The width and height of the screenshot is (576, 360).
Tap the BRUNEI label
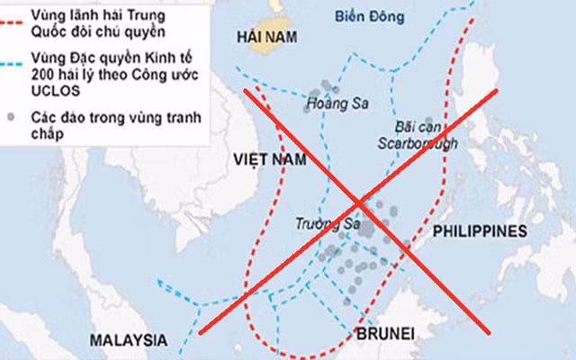pos(385,334)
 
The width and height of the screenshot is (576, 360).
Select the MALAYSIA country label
pos(129,339)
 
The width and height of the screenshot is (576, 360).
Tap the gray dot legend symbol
pos(11,118)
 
